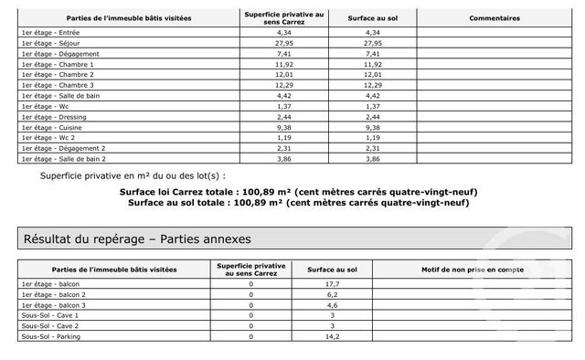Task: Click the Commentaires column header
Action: click(x=495, y=18)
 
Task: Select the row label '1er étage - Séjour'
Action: click(x=50, y=43)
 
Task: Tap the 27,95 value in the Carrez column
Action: click(x=283, y=43)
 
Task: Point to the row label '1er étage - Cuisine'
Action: click(x=51, y=127)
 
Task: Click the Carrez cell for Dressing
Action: click(x=283, y=117)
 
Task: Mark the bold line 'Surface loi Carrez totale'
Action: click(x=298, y=191)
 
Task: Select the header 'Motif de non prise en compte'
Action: click(x=472, y=270)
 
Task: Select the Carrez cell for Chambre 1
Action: click(x=283, y=65)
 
